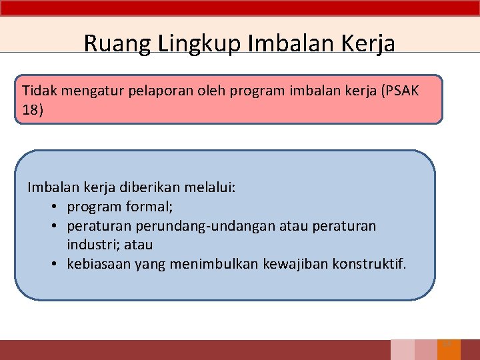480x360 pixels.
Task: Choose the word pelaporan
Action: tap(163, 91)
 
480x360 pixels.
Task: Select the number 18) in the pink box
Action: tap(32, 109)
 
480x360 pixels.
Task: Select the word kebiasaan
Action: tap(99, 264)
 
